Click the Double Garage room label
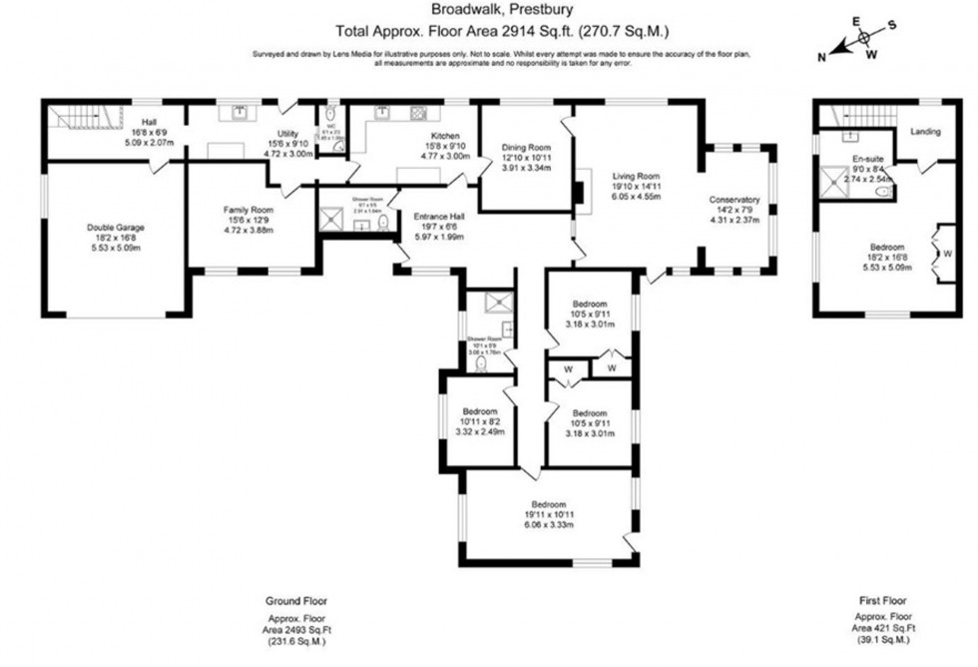click(115, 228)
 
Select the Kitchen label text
click(444, 135)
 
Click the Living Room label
click(636, 176)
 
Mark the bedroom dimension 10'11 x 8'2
click(481, 420)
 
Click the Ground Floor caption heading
click(297, 601)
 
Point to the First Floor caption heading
click(882, 601)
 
